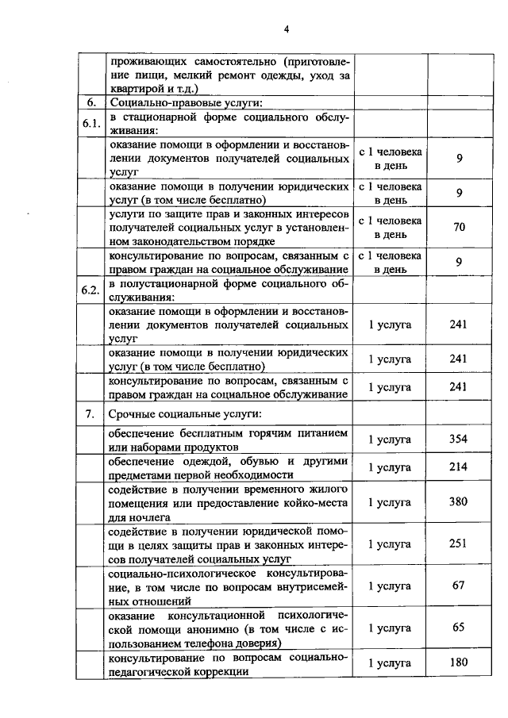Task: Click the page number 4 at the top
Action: [x=287, y=29]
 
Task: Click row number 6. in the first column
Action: [x=91, y=102]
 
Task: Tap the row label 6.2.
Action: [x=91, y=290]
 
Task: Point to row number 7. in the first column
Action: [x=91, y=414]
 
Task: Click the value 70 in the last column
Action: [x=459, y=227]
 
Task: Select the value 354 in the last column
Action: [x=459, y=439]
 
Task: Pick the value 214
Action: [x=459, y=467]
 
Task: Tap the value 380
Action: [x=459, y=501]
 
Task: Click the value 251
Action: [x=459, y=543]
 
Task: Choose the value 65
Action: [x=459, y=627]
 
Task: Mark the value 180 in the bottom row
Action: [x=459, y=662]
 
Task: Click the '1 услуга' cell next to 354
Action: [x=390, y=439]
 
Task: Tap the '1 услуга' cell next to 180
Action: [x=390, y=662]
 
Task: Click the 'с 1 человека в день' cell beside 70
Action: [x=390, y=227]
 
